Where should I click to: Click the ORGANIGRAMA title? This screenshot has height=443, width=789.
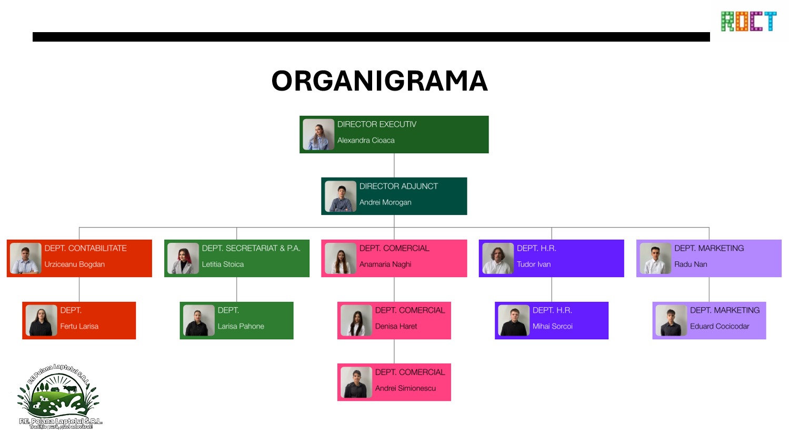click(x=379, y=81)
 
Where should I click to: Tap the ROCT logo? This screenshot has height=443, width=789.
click(x=748, y=22)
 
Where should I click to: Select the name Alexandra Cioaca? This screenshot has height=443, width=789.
click(x=366, y=141)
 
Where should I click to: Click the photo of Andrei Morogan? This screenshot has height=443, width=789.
click(x=341, y=196)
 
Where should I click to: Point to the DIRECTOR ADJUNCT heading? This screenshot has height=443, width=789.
click(x=398, y=186)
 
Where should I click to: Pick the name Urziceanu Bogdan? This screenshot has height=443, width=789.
click(x=74, y=264)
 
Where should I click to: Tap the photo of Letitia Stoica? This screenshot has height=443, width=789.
click(x=183, y=258)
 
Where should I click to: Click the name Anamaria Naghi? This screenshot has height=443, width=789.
click(x=385, y=264)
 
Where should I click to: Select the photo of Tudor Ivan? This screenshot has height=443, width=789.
click(x=498, y=258)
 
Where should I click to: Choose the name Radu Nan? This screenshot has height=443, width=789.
click(x=691, y=264)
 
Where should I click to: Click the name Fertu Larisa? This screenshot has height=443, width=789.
click(x=79, y=327)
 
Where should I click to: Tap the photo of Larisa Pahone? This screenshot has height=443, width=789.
click(x=199, y=320)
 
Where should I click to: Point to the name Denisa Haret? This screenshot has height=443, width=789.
click(x=396, y=327)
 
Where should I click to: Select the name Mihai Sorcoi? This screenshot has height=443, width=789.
click(x=552, y=327)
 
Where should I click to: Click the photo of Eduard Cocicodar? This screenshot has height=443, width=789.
click(x=671, y=320)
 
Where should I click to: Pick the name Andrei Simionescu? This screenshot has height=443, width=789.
click(x=405, y=388)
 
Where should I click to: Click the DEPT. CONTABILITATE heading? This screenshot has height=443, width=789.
click(x=85, y=249)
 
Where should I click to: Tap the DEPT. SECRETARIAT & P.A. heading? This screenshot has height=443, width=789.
click(x=251, y=249)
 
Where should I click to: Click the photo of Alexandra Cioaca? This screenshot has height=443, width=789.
click(x=318, y=135)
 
